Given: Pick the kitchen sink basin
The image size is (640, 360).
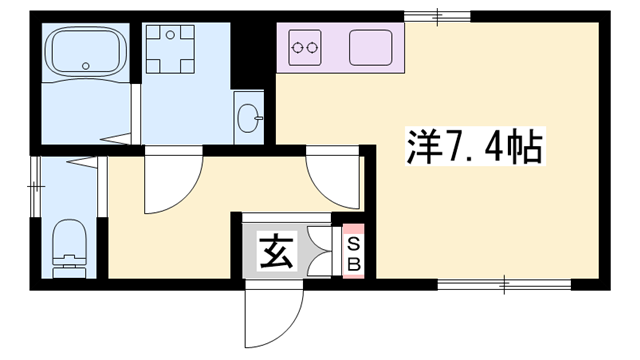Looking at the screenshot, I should pyautogui.click(x=371, y=46).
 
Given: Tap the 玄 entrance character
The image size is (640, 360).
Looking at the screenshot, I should pyautogui.click(x=277, y=251).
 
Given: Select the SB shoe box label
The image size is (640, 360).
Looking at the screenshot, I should pyautogui.click(x=353, y=254).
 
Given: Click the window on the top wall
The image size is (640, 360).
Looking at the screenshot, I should pyautogui.click(x=438, y=14).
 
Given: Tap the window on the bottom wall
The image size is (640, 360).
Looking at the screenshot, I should pyautogui.click(x=505, y=285).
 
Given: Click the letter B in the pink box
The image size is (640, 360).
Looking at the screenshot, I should pyautogui.click(x=353, y=264).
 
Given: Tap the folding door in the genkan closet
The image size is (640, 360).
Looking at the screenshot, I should pyautogui.click(x=319, y=250).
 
